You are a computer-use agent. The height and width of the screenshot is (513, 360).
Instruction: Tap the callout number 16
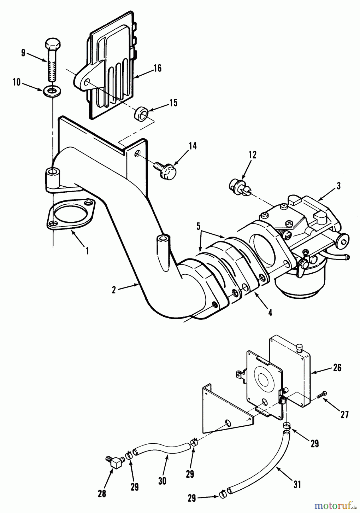point(157,68)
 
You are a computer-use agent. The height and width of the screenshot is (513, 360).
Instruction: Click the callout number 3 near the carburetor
point(338,186)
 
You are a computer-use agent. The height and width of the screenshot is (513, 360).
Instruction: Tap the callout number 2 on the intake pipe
point(114,290)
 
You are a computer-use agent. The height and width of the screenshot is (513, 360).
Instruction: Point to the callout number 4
point(270,313)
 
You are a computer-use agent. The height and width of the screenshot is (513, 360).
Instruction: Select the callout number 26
point(337,368)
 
